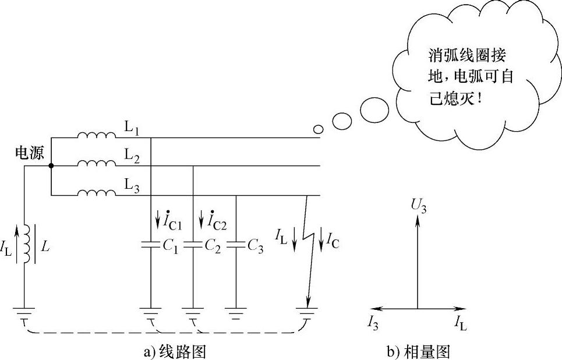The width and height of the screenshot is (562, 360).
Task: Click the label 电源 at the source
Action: point(27,153)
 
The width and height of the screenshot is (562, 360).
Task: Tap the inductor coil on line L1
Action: point(97,136)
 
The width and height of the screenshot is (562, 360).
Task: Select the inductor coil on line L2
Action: point(97,164)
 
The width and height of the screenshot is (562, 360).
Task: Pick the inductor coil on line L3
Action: point(97,192)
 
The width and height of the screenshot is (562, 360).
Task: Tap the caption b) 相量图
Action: point(418,351)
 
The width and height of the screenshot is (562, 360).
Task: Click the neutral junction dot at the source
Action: point(51,166)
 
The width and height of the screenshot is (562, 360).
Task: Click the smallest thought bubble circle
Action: point(318,129)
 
